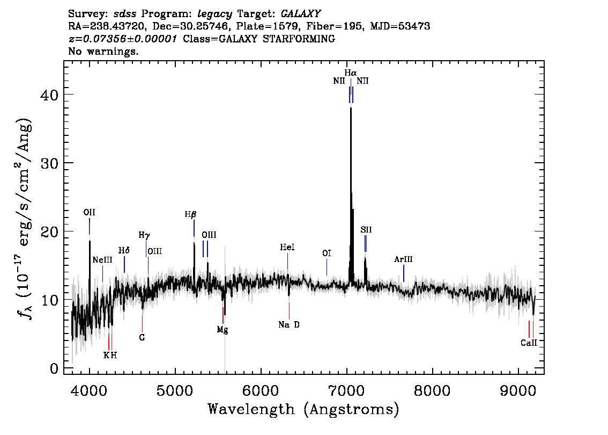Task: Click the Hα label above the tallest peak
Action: coord(351,73)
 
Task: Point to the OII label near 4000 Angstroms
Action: coord(89,213)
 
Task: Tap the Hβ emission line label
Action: coord(190,214)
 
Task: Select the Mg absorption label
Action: coord(222,330)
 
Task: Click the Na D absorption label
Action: coord(289,325)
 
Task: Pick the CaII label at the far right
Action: coord(529,343)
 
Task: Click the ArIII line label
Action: coord(403,259)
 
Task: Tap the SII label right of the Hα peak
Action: coord(366,229)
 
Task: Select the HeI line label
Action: coord(287,247)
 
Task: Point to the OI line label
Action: coord(327,253)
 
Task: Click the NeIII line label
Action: coord(102,260)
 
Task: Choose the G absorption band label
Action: coord(142,337)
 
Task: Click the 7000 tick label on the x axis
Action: coord(346,390)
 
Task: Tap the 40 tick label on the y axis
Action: coord(49,95)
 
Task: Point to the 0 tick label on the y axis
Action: coord(54,368)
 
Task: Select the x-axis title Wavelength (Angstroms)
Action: coord(303,409)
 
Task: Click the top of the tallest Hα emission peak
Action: coord(351,107)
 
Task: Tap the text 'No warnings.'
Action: coord(103,51)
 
